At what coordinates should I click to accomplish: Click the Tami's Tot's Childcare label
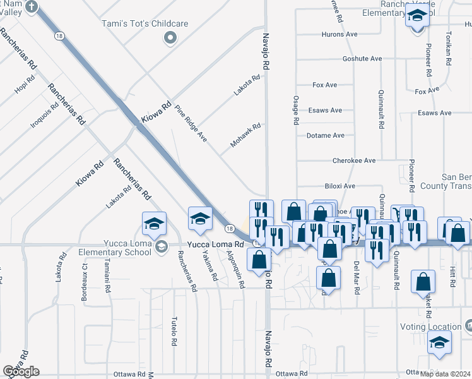[x=146, y=24]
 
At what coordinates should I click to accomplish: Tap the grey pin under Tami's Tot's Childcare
[x=169, y=39]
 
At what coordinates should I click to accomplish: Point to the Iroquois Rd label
[x=44, y=114]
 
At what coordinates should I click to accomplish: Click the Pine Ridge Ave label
[x=191, y=123]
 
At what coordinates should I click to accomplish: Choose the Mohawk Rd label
[x=245, y=135]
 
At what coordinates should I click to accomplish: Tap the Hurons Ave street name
[x=339, y=33]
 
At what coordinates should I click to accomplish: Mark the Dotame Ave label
[x=325, y=135]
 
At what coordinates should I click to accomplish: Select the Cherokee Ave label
[x=354, y=160]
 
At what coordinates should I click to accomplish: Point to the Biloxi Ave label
[x=340, y=186]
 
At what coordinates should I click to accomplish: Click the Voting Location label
[x=430, y=327]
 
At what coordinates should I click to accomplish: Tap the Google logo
[x=21, y=371]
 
